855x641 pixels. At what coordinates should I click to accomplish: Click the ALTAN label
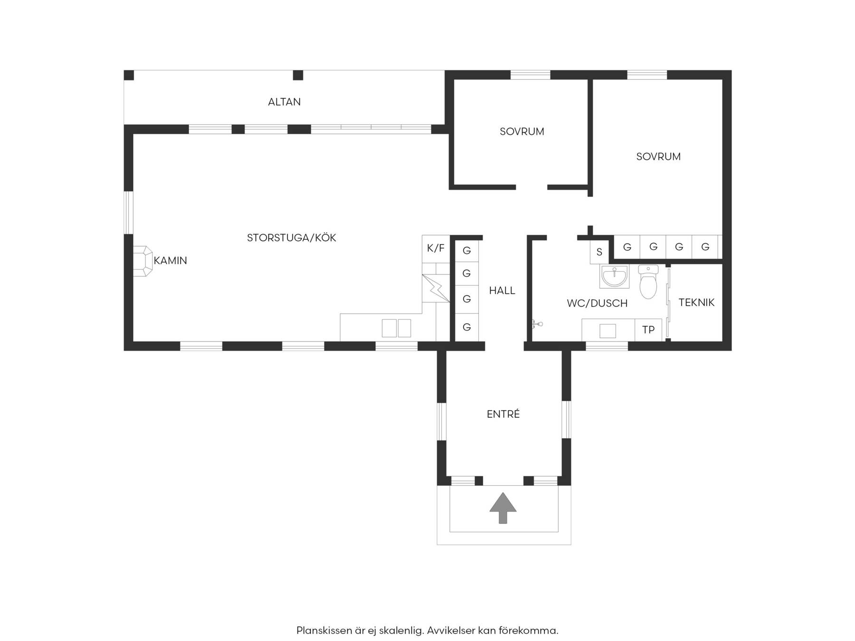point(284,102)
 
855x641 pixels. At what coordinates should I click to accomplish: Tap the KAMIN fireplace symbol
point(142,261)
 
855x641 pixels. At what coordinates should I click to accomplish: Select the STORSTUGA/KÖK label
point(292,237)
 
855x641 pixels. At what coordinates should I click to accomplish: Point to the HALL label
point(502,291)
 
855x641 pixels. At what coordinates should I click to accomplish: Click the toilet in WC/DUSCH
point(648,282)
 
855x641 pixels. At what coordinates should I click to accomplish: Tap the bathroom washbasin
point(614,276)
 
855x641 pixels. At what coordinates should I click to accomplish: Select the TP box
point(648,330)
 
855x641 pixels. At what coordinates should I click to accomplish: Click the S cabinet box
point(599,252)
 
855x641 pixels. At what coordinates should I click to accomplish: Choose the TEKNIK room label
point(696,302)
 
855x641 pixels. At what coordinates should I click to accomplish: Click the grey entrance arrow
point(503,508)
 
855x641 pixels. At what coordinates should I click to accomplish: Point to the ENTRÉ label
point(503,414)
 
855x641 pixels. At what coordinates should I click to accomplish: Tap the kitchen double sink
point(396,328)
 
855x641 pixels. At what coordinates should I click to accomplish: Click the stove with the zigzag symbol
point(436,288)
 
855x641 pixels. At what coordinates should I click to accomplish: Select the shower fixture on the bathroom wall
point(537,325)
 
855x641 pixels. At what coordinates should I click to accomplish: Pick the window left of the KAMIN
point(129,213)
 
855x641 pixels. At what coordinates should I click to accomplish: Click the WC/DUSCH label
point(597,303)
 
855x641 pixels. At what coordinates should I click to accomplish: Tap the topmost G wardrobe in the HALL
point(467,250)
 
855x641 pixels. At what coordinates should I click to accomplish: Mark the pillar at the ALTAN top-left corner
point(129,75)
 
